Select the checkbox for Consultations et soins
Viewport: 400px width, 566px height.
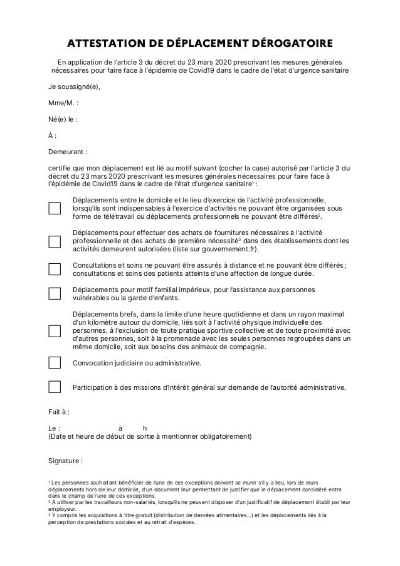click(55, 269)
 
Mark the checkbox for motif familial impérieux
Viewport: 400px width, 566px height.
click(55, 293)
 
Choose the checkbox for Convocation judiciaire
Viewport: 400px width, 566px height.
click(55, 362)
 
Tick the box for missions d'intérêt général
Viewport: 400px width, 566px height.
click(55, 387)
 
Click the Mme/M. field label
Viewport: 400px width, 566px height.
click(63, 103)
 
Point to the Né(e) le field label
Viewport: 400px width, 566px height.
click(63, 119)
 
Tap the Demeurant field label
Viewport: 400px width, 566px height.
click(67, 152)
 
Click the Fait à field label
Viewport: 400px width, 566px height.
click(59, 412)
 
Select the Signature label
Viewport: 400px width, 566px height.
click(65, 461)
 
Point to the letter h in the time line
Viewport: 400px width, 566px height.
click(145, 428)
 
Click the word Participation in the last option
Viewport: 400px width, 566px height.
click(97, 387)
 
